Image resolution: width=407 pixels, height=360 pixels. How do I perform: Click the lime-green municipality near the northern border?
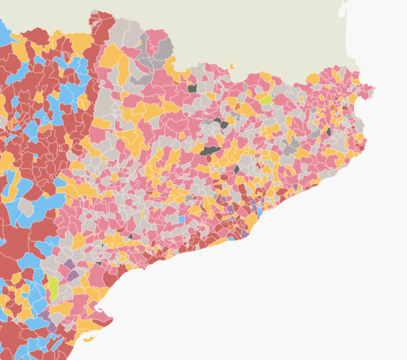pyautogui.click(x=266, y=99)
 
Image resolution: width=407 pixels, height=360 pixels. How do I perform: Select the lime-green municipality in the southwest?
pyautogui.click(x=53, y=288)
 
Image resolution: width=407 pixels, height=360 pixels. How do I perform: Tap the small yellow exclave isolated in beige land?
pyautogui.click(x=232, y=66)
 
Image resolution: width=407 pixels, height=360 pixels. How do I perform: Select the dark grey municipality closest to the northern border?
pyautogui.click(x=192, y=88)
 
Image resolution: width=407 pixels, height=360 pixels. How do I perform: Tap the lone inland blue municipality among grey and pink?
pyautogui.click(x=181, y=219)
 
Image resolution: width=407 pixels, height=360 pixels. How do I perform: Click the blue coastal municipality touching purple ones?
pyautogui.click(x=260, y=211)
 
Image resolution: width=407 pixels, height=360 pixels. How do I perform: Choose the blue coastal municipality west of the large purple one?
pyautogui.click(x=232, y=238)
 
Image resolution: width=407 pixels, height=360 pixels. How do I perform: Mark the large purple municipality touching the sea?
pyautogui.click(x=245, y=234)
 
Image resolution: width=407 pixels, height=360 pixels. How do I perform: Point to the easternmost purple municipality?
pyautogui.click(x=295, y=186)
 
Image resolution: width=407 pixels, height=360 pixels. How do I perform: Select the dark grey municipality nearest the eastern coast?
pyautogui.click(x=329, y=132)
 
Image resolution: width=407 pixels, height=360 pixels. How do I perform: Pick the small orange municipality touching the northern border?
pyautogui.click(x=176, y=83)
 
